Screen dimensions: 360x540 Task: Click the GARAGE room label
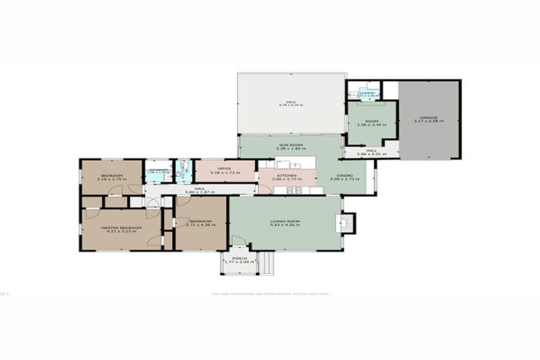[428, 118]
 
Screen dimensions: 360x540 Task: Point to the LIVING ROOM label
[285, 222]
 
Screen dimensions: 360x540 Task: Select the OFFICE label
[224, 169]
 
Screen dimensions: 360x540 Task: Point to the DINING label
[344, 176]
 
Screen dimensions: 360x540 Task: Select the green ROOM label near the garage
[371, 122]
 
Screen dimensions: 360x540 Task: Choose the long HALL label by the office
[200, 188]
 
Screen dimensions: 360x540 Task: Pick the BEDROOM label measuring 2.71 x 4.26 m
[200, 222]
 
